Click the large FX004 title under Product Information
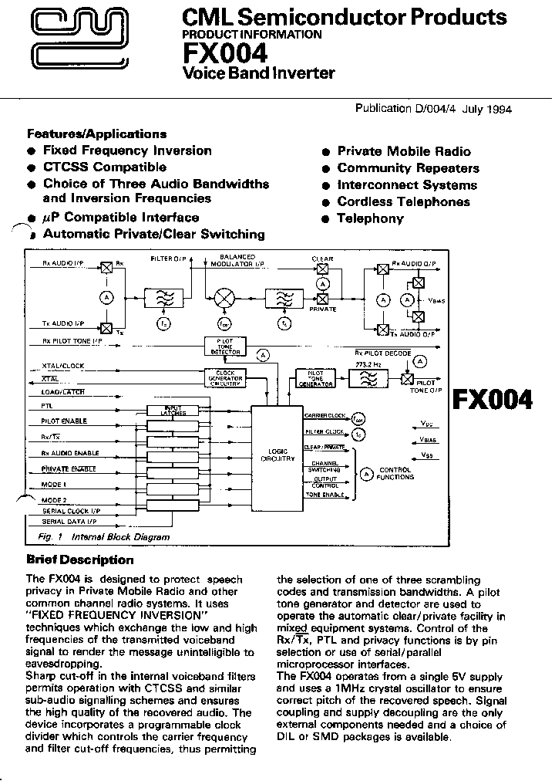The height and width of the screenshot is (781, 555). click(224, 53)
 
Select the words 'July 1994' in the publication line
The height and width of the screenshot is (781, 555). click(487, 110)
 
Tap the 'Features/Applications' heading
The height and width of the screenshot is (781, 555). click(96, 134)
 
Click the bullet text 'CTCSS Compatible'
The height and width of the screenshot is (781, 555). click(104, 167)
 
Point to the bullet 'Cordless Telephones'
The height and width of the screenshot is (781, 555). click(403, 201)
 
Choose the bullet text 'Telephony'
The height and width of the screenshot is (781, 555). click(370, 218)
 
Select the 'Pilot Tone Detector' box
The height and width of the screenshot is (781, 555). click(225, 347)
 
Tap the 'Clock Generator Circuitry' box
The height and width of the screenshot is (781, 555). click(225, 378)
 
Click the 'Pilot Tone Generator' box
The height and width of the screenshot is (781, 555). click(316, 378)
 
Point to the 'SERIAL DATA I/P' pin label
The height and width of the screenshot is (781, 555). click(69, 522)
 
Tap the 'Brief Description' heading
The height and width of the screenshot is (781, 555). click(79, 560)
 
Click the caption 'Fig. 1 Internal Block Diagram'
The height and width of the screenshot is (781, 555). click(103, 536)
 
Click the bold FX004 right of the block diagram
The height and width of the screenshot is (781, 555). click(492, 399)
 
